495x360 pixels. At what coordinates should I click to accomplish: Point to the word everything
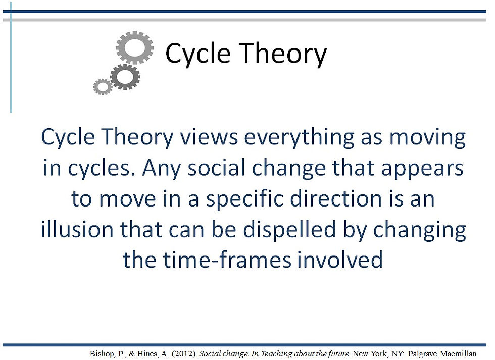(x=299, y=137)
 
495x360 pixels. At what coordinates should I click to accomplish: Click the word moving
(x=427, y=137)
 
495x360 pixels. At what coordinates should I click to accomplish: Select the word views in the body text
(x=209, y=137)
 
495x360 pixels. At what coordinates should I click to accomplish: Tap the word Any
(x=161, y=168)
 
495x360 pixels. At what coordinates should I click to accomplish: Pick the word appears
(x=422, y=169)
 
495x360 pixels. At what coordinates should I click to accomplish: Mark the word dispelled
(x=289, y=229)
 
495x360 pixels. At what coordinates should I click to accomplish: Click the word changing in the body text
(x=420, y=229)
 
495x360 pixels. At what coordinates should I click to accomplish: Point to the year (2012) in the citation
(x=184, y=354)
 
